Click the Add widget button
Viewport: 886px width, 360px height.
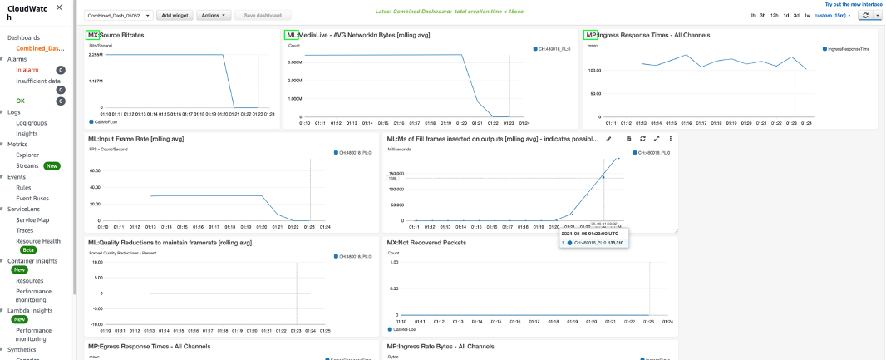tap(175, 15)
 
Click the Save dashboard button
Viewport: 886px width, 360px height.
tap(263, 15)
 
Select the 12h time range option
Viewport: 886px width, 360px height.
tap(775, 16)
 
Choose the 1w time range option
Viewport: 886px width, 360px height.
tap(806, 16)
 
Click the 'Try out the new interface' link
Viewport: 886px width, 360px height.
tap(848, 4)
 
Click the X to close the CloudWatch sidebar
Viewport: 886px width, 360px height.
tap(58, 7)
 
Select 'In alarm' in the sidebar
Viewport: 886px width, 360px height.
tap(27, 70)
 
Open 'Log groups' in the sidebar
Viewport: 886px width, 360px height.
tap(32, 122)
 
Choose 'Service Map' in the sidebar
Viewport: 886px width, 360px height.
tap(32, 219)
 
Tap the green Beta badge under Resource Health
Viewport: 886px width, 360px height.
tap(28, 249)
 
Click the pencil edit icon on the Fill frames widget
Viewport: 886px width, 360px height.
tap(608, 138)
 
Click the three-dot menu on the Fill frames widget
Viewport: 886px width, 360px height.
tap(670, 138)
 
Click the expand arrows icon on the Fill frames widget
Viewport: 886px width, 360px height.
tap(657, 138)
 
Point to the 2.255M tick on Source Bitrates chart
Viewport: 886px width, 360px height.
tap(96, 55)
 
